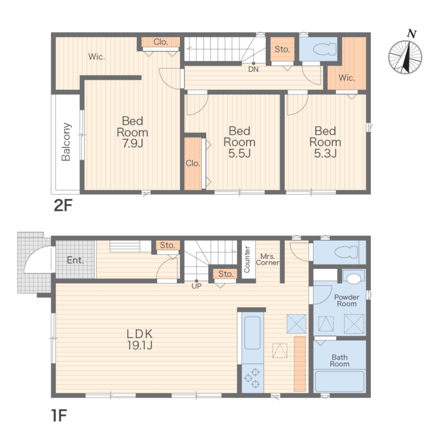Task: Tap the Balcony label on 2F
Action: click(x=66, y=142)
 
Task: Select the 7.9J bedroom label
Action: click(x=133, y=132)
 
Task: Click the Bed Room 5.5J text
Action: click(x=239, y=142)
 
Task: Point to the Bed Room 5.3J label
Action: click(x=325, y=142)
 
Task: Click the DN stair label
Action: click(x=254, y=69)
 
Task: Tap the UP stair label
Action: click(x=197, y=286)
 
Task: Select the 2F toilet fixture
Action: click(x=325, y=49)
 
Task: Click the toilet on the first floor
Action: click(x=346, y=252)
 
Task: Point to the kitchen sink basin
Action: click(x=252, y=333)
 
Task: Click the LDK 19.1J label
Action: click(x=140, y=339)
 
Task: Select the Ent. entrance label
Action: click(x=75, y=260)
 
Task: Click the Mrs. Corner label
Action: click(x=268, y=260)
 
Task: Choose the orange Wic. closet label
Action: click(x=347, y=78)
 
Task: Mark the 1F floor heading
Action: click(x=59, y=416)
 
